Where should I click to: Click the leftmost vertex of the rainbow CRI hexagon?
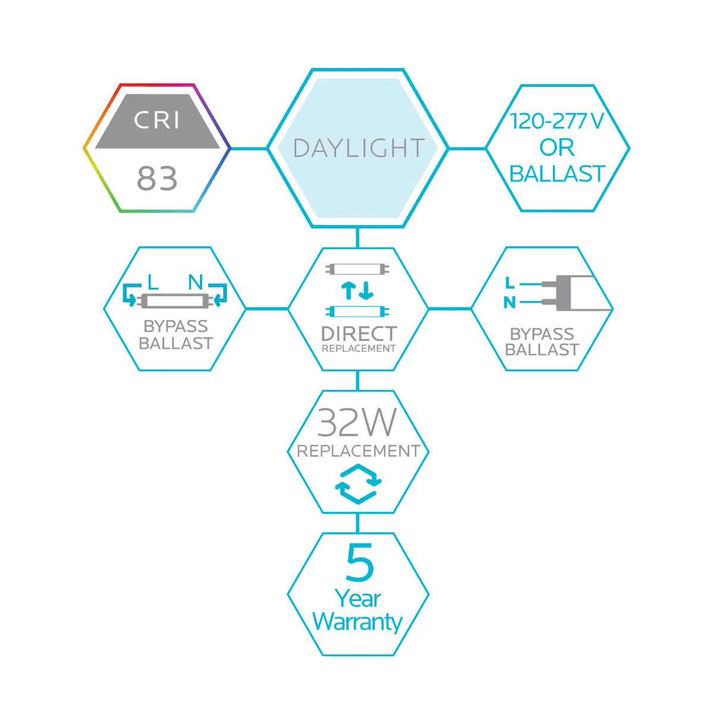(83, 149)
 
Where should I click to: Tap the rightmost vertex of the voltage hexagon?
(630, 149)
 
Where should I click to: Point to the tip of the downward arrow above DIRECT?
(367, 298)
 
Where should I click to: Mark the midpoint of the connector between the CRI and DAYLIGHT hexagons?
(249, 149)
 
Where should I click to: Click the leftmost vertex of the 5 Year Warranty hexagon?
(288, 594)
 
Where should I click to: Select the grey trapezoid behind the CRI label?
(158, 121)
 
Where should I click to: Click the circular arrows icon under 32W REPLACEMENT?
(358, 484)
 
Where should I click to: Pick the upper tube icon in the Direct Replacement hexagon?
(358, 269)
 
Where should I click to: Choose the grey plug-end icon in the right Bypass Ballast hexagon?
(576, 293)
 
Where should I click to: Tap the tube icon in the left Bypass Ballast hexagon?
(175, 301)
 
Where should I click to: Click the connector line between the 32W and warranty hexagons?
(358, 523)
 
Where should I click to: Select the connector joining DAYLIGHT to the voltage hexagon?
(467, 149)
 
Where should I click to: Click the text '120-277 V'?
(557, 121)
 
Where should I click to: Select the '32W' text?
(357, 422)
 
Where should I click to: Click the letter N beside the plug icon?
(509, 303)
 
